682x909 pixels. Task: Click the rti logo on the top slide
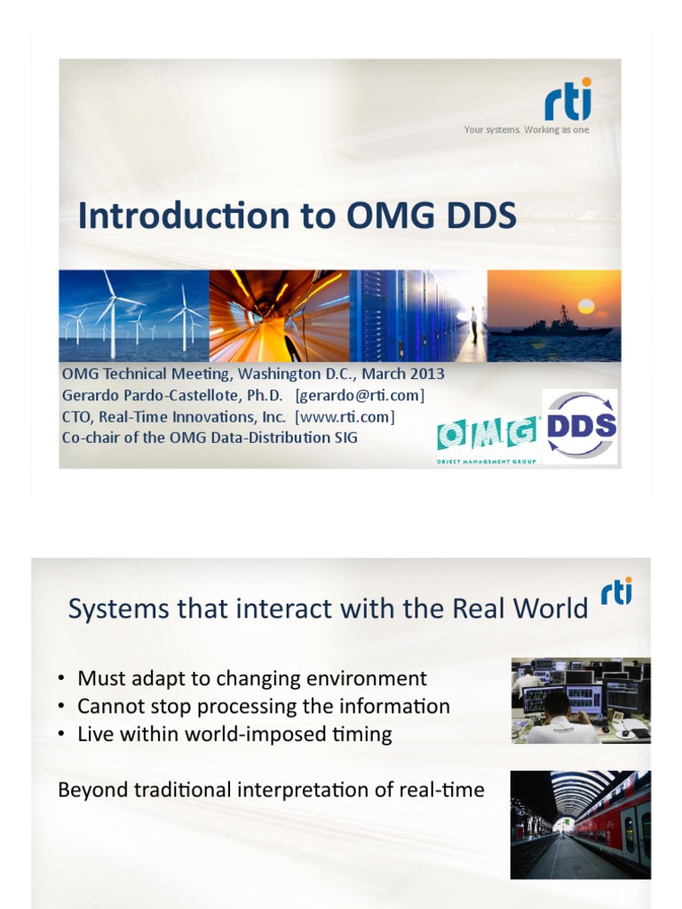click(567, 101)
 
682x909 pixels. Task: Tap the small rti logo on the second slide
click(616, 592)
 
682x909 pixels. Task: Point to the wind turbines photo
click(133, 315)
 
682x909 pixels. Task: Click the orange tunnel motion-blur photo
click(279, 315)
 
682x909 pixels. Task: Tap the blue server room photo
click(417, 315)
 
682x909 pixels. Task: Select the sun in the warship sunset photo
click(585, 306)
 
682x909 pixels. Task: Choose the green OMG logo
click(487, 434)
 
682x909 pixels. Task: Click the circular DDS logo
click(580, 426)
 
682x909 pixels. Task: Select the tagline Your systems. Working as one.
click(527, 130)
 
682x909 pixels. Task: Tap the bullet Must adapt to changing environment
click(251, 679)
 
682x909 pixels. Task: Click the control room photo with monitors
click(580, 700)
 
